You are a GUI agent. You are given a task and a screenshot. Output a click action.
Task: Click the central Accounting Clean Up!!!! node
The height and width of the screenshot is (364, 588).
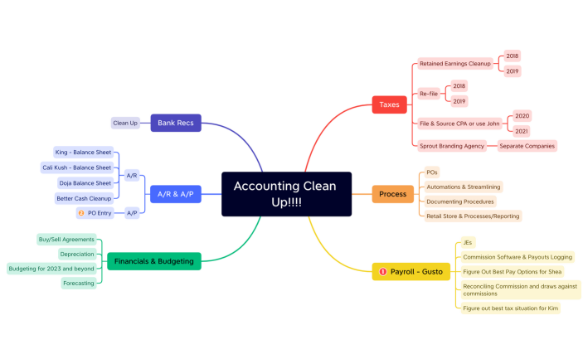(286, 194)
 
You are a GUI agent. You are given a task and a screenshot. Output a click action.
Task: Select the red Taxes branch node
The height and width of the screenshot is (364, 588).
(389, 104)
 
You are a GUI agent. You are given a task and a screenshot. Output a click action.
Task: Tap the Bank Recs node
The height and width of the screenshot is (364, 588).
(175, 123)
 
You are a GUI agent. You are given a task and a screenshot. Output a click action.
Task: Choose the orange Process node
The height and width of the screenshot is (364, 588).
(392, 193)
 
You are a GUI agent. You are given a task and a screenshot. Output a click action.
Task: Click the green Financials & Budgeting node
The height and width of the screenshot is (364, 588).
(154, 261)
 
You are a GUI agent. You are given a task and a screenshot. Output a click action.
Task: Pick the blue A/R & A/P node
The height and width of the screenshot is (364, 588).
(175, 194)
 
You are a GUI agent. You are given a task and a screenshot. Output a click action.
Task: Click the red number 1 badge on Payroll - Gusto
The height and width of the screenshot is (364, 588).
(382, 271)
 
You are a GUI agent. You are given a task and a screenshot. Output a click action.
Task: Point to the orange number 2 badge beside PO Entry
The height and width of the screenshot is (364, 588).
(80, 213)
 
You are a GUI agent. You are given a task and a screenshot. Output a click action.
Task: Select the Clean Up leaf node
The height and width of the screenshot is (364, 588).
(125, 123)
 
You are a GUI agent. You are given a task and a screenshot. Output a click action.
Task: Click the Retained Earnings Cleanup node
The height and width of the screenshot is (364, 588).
(454, 63)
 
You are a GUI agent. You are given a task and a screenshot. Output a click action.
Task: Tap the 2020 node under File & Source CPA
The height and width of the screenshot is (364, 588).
(522, 116)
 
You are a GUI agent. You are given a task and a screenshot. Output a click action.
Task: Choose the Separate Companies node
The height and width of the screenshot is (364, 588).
(527, 146)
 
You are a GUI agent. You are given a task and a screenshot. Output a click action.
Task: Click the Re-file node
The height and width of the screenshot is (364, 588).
(429, 94)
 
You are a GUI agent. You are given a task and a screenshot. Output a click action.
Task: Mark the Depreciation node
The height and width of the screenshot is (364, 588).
(77, 254)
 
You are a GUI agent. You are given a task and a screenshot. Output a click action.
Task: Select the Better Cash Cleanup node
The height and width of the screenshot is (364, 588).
(83, 198)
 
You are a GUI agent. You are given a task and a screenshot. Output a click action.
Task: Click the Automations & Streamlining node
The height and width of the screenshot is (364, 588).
(463, 187)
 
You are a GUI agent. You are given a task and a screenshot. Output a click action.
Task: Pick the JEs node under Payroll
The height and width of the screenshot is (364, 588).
(468, 243)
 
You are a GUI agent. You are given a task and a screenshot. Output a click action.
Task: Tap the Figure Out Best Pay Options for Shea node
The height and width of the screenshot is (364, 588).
(512, 271)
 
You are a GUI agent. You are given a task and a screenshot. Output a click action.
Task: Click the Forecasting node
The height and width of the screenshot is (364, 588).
(79, 283)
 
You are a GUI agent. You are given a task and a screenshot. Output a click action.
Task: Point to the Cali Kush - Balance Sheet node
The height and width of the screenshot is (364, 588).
(76, 167)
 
